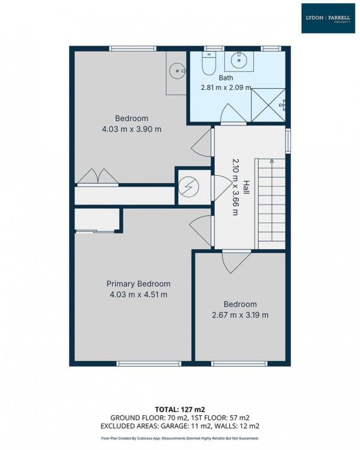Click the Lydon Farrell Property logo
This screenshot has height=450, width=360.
pyautogui.click(x=328, y=18)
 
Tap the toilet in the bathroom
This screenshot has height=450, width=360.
pyautogui.click(x=209, y=64)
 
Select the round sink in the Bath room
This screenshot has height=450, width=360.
pyautogui.click(x=239, y=60)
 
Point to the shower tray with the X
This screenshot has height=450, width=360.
pyautogui.click(x=268, y=105)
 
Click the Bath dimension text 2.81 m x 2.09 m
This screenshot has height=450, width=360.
pyautogui.click(x=226, y=87)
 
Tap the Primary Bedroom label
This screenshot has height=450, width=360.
pyautogui.click(x=139, y=284)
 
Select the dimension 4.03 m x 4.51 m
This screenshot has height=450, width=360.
pyautogui.click(x=139, y=295)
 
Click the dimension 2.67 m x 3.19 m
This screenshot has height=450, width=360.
pyautogui.click(x=240, y=315)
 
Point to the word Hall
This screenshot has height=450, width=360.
pyautogui.click(x=246, y=187)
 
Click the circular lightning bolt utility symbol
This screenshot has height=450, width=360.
pyautogui.click(x=188, y=187)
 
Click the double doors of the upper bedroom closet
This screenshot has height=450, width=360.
pyautogui.click(x=98, y=176)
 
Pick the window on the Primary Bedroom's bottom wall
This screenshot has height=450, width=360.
pyautogui.click(x=149, y=364)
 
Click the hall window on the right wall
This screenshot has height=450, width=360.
pyautogui.click(x=288, y=140)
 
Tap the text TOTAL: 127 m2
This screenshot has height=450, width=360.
pyautogui.click(x=180, y=409)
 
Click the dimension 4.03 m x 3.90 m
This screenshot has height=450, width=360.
pyautogui.click(x=131, y=129)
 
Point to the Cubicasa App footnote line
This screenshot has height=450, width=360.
pyautogui.click(x=180, y=438)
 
